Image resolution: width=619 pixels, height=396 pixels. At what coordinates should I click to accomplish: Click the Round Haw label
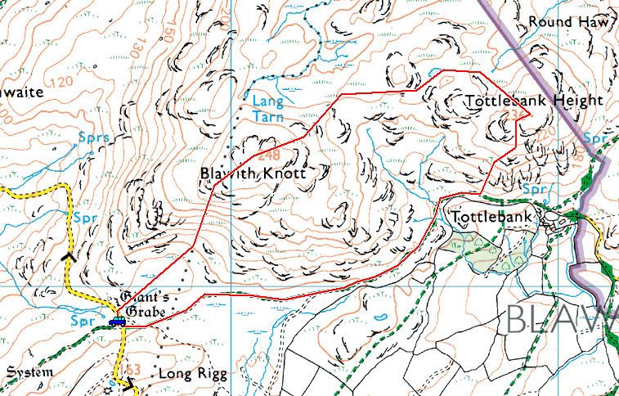point(570,22)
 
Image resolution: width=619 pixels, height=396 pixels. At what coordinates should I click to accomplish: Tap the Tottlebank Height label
point(532,101)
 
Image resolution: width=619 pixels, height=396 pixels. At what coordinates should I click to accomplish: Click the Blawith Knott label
point(253,174)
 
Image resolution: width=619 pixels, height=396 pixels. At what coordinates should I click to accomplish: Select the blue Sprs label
point(94,137)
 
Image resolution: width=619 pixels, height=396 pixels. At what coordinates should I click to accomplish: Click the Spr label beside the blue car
point(83,318)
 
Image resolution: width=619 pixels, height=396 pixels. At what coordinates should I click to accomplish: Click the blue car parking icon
point(118,321)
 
